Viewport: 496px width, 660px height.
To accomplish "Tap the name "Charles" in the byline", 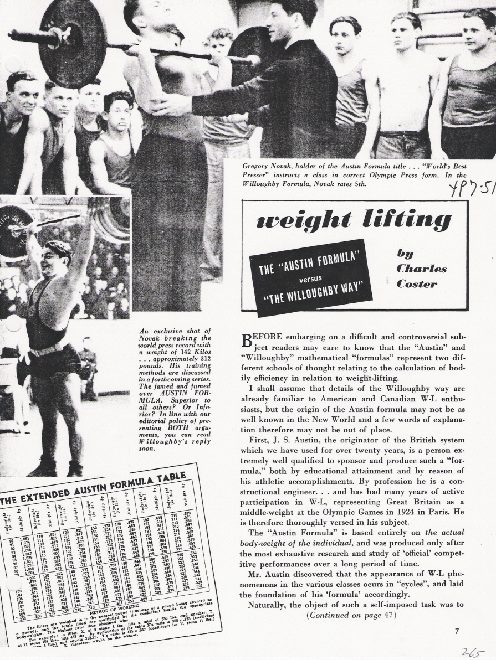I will point(421,269).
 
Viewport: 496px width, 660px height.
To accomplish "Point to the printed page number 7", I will point(457,631).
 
